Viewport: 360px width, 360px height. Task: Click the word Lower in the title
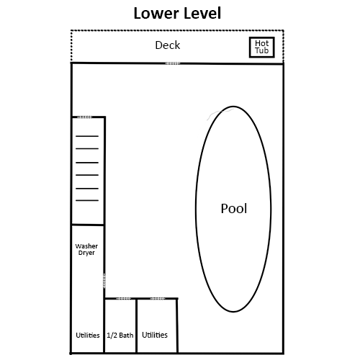click(x=153, y=13)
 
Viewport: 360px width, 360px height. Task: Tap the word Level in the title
click(x=199, y=13)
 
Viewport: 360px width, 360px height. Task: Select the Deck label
click(x=168, y=45)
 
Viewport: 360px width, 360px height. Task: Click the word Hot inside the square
click(x=261, y=43)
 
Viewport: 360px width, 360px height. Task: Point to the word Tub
click(x=261, y=50)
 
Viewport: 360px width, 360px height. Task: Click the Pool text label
click(x=234, y=208)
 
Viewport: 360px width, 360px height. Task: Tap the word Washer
click(x=86, y=246)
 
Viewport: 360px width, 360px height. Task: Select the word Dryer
click(x=86, y=253)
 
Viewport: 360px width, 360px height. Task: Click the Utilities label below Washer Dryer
click(x=88, y=335)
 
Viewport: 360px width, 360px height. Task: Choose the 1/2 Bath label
click(x=120, y=335)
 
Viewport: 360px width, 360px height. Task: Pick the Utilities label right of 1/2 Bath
click(x=155, y=335)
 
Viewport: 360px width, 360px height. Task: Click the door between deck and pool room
click(x=173, y=63)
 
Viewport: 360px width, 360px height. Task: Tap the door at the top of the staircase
click(x=84, y=117)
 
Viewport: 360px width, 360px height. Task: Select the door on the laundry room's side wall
click(x=104, y=281)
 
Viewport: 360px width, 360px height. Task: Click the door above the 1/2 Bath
click(x=124, y=299)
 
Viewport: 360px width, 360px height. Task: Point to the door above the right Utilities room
click(x=158, y=299)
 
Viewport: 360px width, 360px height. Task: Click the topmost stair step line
click(x=87, y=136)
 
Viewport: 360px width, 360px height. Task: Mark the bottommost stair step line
click(x=87, y=200)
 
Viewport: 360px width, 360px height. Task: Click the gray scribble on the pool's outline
click(x=220, y=113)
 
